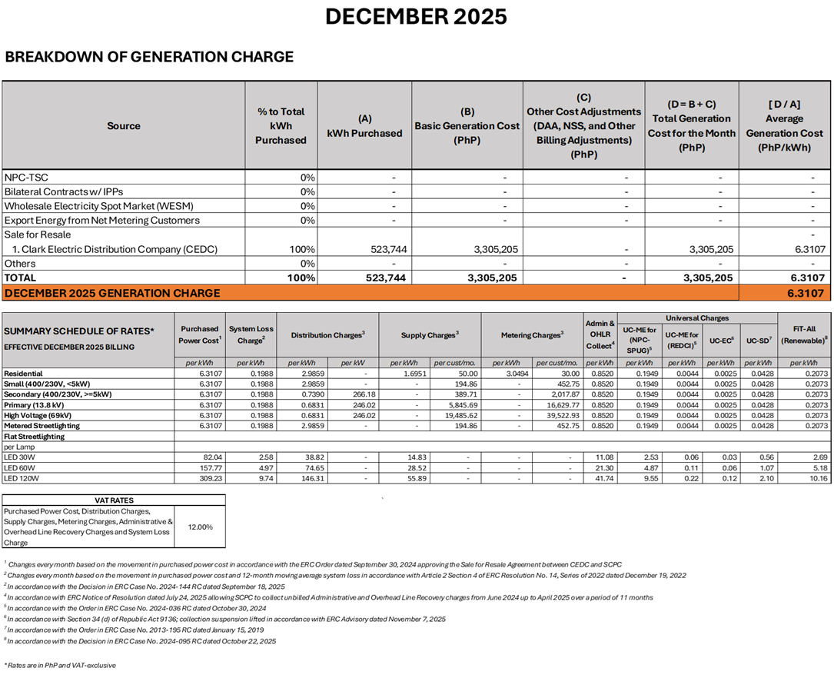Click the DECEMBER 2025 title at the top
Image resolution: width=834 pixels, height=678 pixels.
[x=416, y=16]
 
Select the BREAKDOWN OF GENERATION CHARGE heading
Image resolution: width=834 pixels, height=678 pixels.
[x=149, y=57]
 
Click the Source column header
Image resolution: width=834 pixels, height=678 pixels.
[x=124, y=125]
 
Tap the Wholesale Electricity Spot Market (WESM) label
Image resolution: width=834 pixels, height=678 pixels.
[x=98, y=206]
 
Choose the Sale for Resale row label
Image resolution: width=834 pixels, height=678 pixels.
[x=38, y=234]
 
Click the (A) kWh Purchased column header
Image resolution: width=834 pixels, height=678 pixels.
[x=364, y=126]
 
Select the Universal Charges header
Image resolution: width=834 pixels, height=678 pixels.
[x=697, y=317]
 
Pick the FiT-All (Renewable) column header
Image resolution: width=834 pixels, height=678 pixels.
[x=804, y=334]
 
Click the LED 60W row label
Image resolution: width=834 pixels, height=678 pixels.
[x=21, y=467]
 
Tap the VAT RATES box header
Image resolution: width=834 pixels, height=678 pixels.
[x=114, y=500]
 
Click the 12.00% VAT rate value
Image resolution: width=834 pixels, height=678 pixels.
[x=200, y=527]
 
